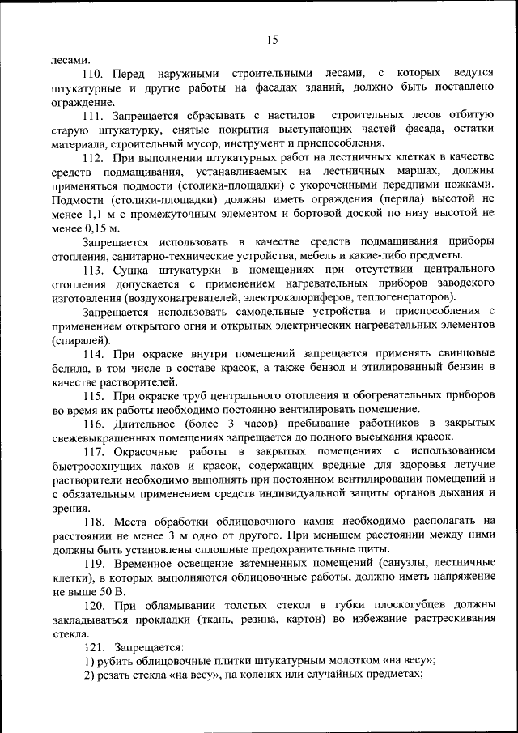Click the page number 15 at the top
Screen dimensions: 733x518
(x=271, y=38)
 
